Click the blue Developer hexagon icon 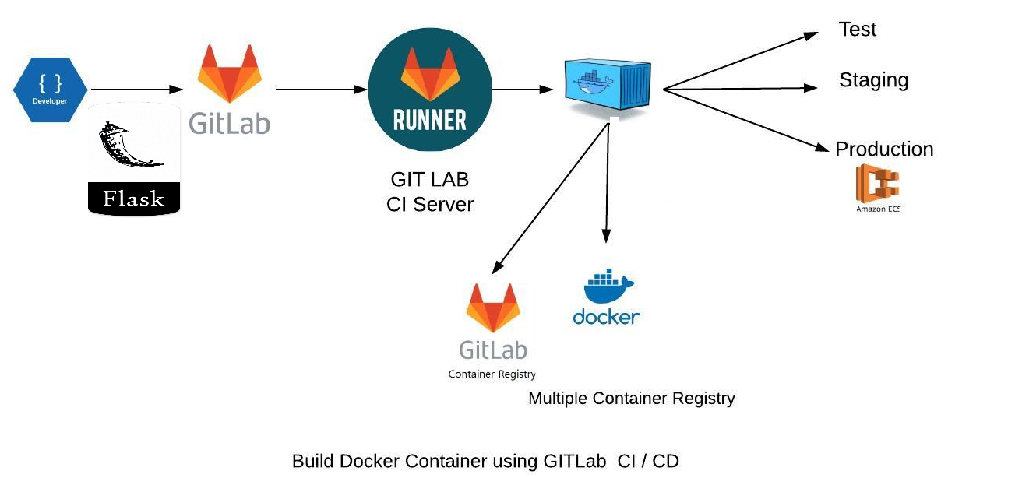pyautogui.click(x=50, y=90)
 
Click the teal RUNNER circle pyautogui.click(x=430, y=90)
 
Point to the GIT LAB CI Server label pyautogui.click(x=430, y=192)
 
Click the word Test pyautogui.click(x=857, y=30)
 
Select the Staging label pyautogui.click(x=873, y=80)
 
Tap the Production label pyautogui.click(x=883, y=149)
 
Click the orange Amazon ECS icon pyautogui.click(x=877, y=185)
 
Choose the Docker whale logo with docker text pyautogui.click(x=607, y=297)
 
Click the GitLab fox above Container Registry pyautogui.click(x=492, y=308)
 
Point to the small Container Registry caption pyautogui.click(x=492, y=374)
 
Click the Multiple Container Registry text pyautogui.click(x=631, y=399)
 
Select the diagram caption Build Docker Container pyautogui.click(x=485, y=461)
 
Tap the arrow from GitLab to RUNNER pyautogui.click(x=321, y=90)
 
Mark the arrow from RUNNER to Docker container pyautogui.click(x=522, y=90)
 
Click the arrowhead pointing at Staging pyautogui.click(x=811, y=88)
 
